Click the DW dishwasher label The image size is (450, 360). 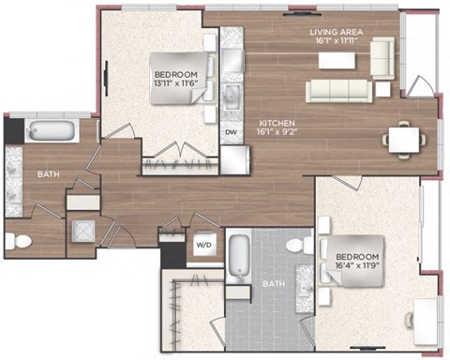coord(232,132)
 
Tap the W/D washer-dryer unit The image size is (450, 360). coord(205,245)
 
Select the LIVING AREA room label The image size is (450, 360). coord(337,32)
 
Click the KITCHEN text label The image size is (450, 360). coord(277,123)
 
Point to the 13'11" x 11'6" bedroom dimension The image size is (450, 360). coord(176,83)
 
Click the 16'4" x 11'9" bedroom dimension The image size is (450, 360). coord(357,265)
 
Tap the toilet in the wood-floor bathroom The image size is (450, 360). coord(19,242)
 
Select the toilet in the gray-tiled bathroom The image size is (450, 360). coord(299,245)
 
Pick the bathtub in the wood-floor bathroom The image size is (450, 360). coord(52,130)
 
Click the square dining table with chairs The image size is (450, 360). coord(404,140)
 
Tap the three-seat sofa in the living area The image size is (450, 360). coord(338,91)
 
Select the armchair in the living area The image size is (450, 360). coord(382,58)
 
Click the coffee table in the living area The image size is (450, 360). coord(337,61)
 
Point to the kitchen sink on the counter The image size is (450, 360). coord(232,97)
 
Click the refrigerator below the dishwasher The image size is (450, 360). coord(235,160)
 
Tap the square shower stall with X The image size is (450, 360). coord(83,232)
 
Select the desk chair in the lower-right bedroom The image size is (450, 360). coord(410,321)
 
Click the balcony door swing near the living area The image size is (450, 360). coord(419,86)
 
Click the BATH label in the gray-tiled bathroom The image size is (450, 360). coord(274,284)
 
